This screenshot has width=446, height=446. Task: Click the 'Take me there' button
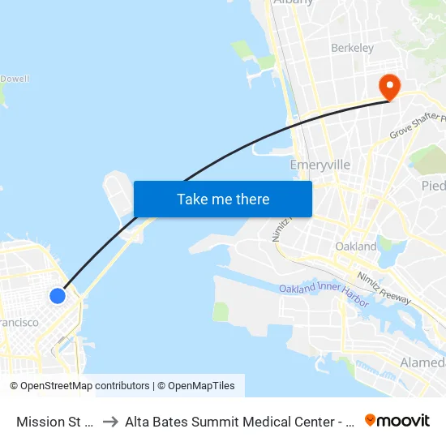pos(223,199)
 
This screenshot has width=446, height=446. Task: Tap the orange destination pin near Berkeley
pos(389,86)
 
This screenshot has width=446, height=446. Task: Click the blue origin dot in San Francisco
pos(58,296)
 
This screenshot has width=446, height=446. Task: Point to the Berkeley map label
pos(352,48)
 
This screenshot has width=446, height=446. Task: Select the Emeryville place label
pos(320,165)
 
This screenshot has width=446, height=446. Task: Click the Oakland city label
pos(355,246)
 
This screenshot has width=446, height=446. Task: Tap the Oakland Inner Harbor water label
pos(324,294)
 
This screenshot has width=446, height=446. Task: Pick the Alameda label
pos(422,362)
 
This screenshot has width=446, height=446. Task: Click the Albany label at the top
pos(294,2)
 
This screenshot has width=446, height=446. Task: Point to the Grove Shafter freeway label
pos(418,125)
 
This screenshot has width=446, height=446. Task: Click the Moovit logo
pos(397,420)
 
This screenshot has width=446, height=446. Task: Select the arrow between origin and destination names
pos(109,421)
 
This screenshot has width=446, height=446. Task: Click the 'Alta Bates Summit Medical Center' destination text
pos(235,421)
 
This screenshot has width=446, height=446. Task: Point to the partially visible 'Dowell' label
pos(15,79)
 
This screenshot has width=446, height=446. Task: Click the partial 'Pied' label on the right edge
pos(433,186)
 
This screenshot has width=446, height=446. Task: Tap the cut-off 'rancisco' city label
pos(19,323)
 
